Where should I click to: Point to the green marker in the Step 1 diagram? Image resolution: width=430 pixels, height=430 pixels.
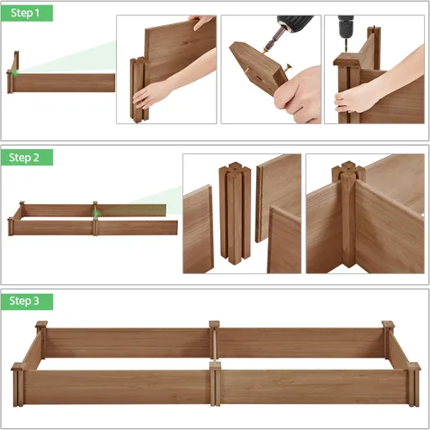click(15, 73)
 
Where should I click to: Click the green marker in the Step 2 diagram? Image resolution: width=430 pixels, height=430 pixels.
click(98, 213)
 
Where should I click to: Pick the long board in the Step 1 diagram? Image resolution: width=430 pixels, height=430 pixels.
click(64, 83)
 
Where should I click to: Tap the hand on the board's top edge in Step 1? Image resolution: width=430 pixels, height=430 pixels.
click(201, 22)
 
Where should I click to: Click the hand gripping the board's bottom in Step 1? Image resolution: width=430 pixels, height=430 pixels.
click(155, 93)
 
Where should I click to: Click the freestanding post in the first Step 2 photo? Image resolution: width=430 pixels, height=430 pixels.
click(233, 213)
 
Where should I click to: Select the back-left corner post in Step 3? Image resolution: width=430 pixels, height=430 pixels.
click(41, 340)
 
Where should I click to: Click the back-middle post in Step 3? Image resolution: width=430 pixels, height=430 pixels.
click(214, 340)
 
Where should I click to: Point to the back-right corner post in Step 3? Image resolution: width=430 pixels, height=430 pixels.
click(388, 340)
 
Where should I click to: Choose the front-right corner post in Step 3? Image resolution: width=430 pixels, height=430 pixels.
click(413, 383)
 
